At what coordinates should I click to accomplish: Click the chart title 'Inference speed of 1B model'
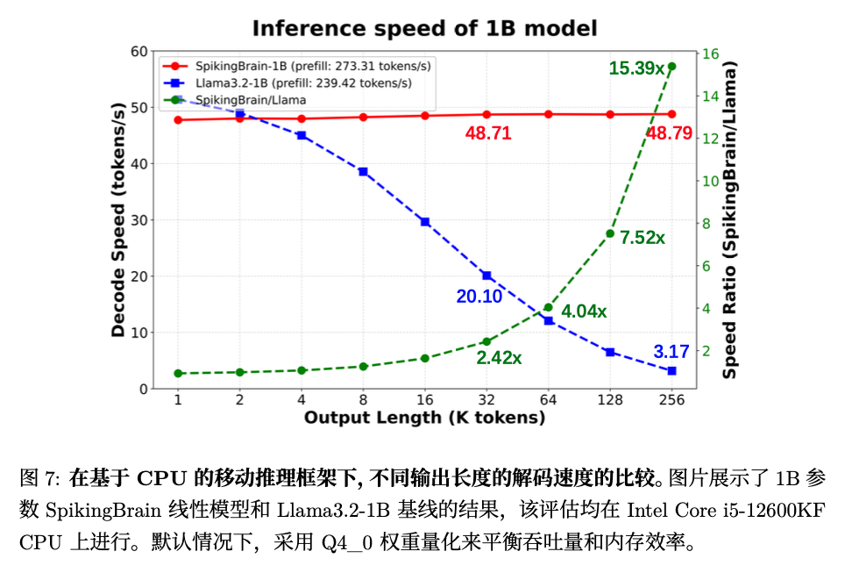click(x=424, y=28)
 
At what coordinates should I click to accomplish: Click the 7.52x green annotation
click(x=643, y=238)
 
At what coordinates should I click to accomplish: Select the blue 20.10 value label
click(x=479, y=297)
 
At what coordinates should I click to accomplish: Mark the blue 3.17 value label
click(x=671, y=353)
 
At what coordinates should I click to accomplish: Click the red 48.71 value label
click(x=488, y=133)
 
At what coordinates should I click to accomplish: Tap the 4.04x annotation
click(x=584, y=311)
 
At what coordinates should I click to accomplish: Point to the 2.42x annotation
click(x=500, y=358)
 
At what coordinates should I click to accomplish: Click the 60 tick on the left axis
click(x=138, y=52)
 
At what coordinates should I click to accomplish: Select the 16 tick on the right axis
click(x=711, y=54)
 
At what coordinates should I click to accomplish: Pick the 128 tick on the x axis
click(x=610, y=400)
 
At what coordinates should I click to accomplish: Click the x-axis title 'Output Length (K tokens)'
click(x=424, y=418)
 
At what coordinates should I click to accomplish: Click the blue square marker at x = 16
click(x=425, y=222)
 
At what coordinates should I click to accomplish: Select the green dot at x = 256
click(x=671, y=66)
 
